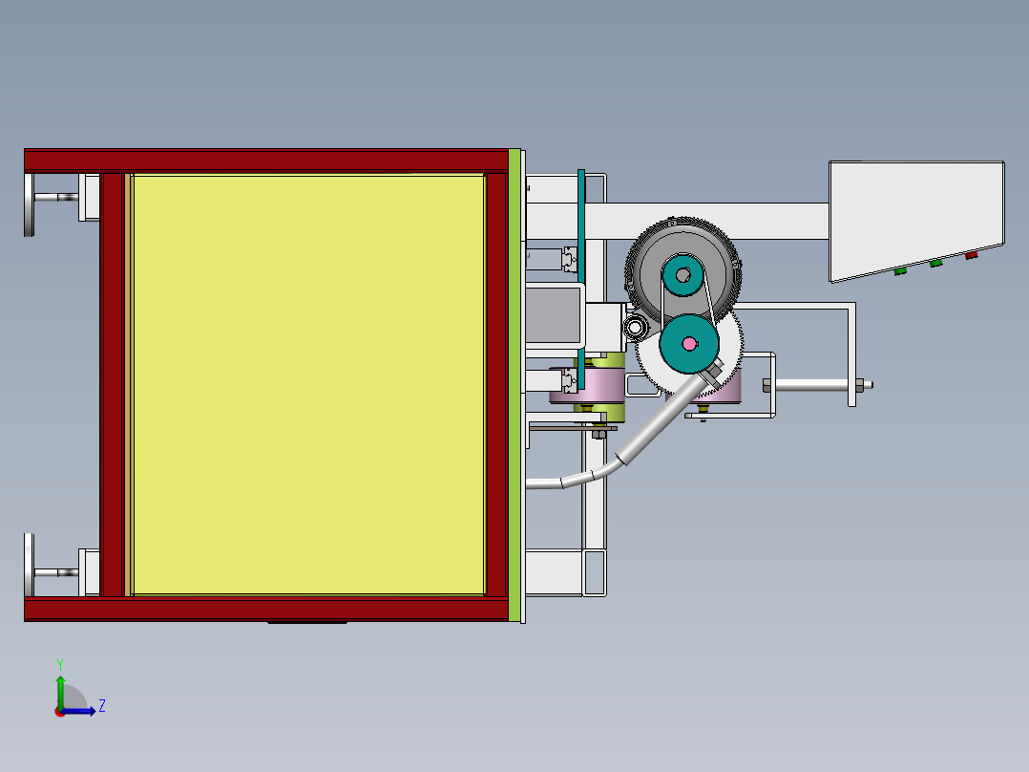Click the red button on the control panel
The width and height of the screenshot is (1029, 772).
[972, 255]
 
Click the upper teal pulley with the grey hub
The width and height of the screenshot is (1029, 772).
[682, 277]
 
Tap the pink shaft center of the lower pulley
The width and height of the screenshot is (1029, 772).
[689, 343]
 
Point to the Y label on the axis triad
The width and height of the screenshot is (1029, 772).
[59, 664]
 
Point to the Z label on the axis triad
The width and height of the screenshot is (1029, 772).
[101, 706]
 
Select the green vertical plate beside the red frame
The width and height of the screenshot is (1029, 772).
[515, 386]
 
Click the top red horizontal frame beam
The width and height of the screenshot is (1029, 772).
[267, 160]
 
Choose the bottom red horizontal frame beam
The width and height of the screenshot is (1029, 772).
[267, 610]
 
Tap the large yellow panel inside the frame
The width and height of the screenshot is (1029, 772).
[307, 384]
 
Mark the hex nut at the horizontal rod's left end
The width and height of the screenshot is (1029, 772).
[766, 386]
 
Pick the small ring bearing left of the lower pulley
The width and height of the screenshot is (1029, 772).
[635, 329]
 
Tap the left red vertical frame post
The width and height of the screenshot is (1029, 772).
[113, 384]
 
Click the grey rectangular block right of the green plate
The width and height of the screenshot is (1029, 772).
[554, 312]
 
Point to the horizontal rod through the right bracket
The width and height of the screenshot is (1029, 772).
[811, 386]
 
